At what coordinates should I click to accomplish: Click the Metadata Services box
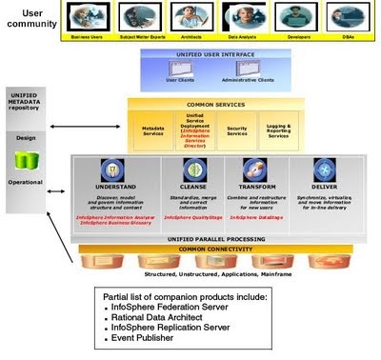(x=152, y=130)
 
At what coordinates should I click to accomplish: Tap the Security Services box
(x=237, y=130)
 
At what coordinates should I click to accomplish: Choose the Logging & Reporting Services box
(x=278, y=130)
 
